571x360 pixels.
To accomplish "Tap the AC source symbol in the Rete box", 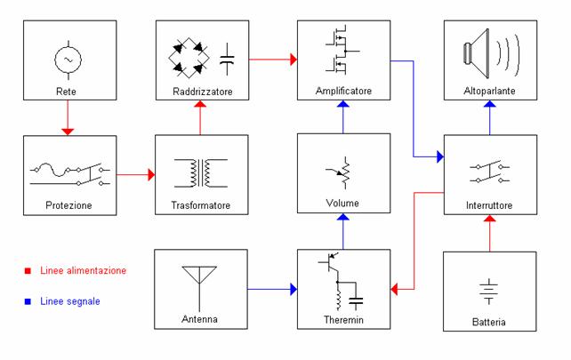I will [68, 59].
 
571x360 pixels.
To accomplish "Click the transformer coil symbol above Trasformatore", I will [201, 173].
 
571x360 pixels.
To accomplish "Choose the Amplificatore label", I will [342, 91].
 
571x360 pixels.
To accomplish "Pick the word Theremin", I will [342, 320].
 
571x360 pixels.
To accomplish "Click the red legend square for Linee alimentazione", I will [28, 271].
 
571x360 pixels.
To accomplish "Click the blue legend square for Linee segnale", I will [28, 302].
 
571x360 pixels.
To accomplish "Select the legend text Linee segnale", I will [70, 302].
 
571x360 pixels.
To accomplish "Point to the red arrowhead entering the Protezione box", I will [68, 131].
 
